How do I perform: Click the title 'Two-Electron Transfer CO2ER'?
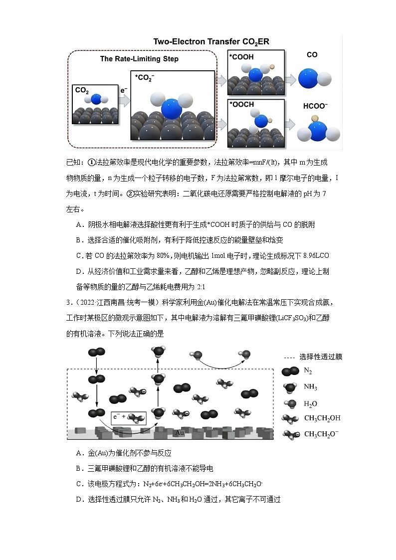[x=211, y=42]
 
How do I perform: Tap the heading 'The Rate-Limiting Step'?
[x=139, y=59]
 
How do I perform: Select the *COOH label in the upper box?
[x=241, y=57]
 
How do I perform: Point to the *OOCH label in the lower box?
[x=242, y=104]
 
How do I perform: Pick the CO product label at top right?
[x=312, y=55]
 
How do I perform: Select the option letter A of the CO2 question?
[x=79, y=225]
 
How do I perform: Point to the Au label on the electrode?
[x=180, y=433]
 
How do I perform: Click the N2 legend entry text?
[x=309, y=371]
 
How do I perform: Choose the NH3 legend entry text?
[x=310, y=387]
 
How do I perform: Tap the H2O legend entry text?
[x=311, y=403]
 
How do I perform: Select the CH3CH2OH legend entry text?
[x=322, y=418]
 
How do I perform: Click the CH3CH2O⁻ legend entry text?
[x=321, y=434]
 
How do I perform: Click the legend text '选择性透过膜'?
[x=321, y=357]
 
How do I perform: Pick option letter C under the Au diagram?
[x=79, y=484]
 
